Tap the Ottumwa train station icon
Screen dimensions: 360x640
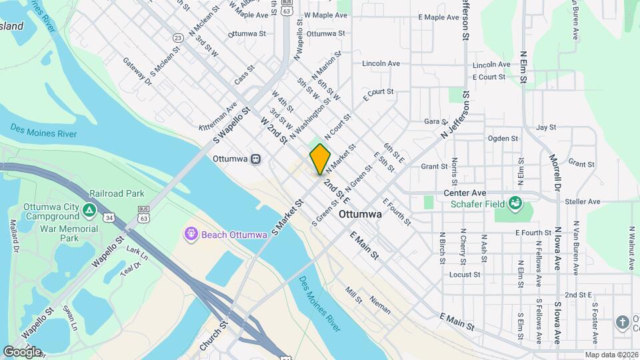point(256,159)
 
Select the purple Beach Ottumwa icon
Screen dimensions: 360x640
point(191,233)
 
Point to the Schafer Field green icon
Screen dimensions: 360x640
point(514,202)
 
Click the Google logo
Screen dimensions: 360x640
point(22,351)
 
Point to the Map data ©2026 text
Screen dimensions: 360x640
point(611,355)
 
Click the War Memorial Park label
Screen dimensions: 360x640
point(69,233)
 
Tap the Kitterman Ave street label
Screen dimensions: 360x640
point(218,116)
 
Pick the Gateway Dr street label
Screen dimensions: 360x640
point(137,71)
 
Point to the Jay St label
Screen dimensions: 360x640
point(545,127)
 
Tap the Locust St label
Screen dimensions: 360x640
point(465,274)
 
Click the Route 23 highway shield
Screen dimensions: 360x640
point(177,38)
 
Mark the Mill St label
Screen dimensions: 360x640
point(353,294)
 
